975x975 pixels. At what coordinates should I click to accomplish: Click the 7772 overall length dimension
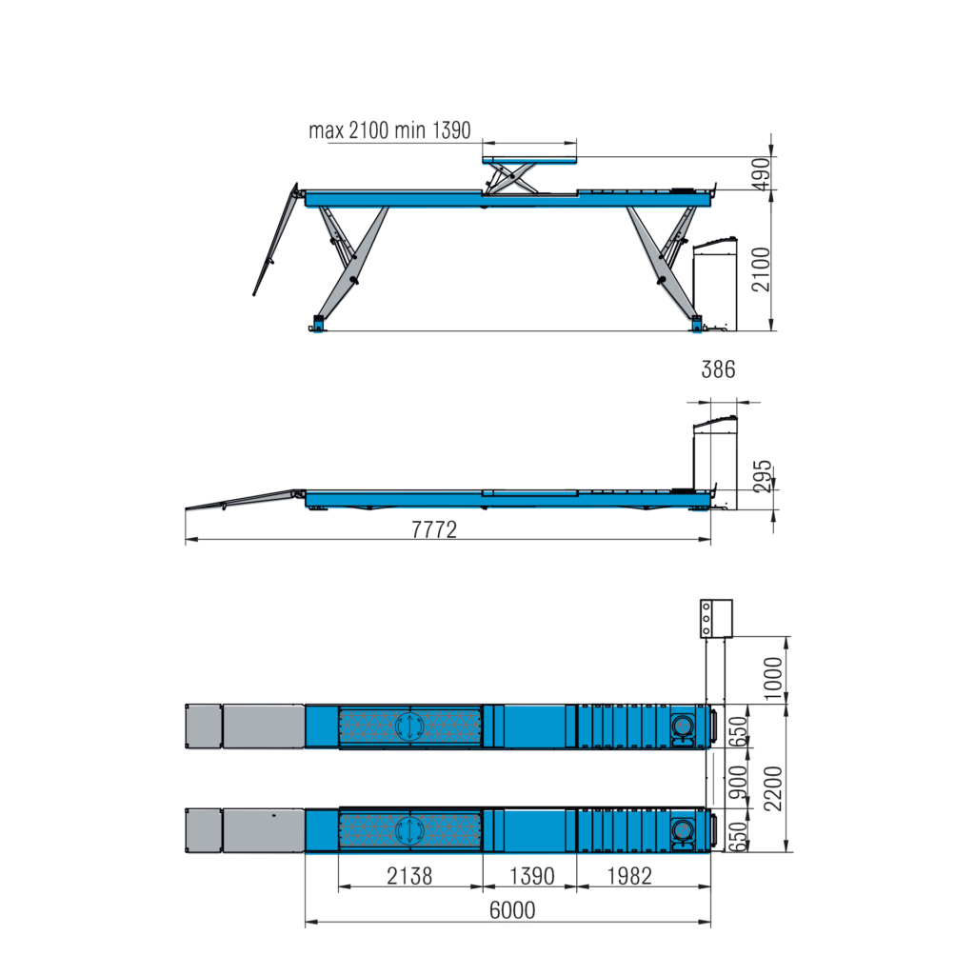(x=434, y=529)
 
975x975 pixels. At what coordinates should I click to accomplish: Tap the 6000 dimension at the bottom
(x=511, y=910)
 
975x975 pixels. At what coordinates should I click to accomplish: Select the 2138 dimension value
(x=409, y=876)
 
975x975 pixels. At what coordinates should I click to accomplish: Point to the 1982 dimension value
(x=629, y=876)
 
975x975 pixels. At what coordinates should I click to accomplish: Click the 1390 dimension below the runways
(x=531, y=876)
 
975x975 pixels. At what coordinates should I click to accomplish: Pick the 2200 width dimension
(x=773, y=788)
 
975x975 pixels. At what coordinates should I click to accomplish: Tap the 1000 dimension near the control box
(x=773, y=678)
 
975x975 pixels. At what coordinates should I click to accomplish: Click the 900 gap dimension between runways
(x=738, y=783)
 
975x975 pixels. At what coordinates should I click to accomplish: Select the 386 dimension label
(x=718, y=369)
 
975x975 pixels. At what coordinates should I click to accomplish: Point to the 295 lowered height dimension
(x=763, y=476)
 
